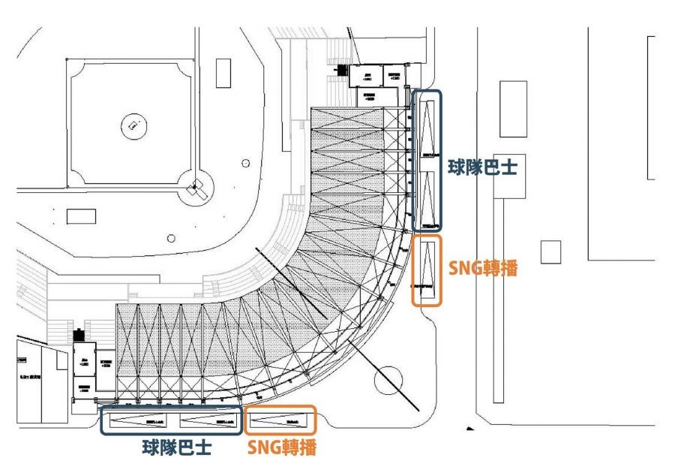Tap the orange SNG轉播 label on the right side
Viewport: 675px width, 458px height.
click(483, 268)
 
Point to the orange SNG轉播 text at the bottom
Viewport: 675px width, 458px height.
click(282, 447)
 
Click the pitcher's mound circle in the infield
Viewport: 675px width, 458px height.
click(132, 124)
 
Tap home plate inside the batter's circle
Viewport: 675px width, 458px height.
click(196, 185)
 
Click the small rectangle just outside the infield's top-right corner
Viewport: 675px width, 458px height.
click(223, 73)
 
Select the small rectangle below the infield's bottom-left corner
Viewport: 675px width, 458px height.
click(81, 216)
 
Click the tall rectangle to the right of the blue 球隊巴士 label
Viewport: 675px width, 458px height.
click(513, 109)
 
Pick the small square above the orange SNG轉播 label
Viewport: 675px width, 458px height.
click(550, 252)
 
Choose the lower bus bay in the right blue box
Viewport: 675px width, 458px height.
click(427, 199)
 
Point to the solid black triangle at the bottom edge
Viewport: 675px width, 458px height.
click(470, 429)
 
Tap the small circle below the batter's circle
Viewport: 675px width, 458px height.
click(171, 238)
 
